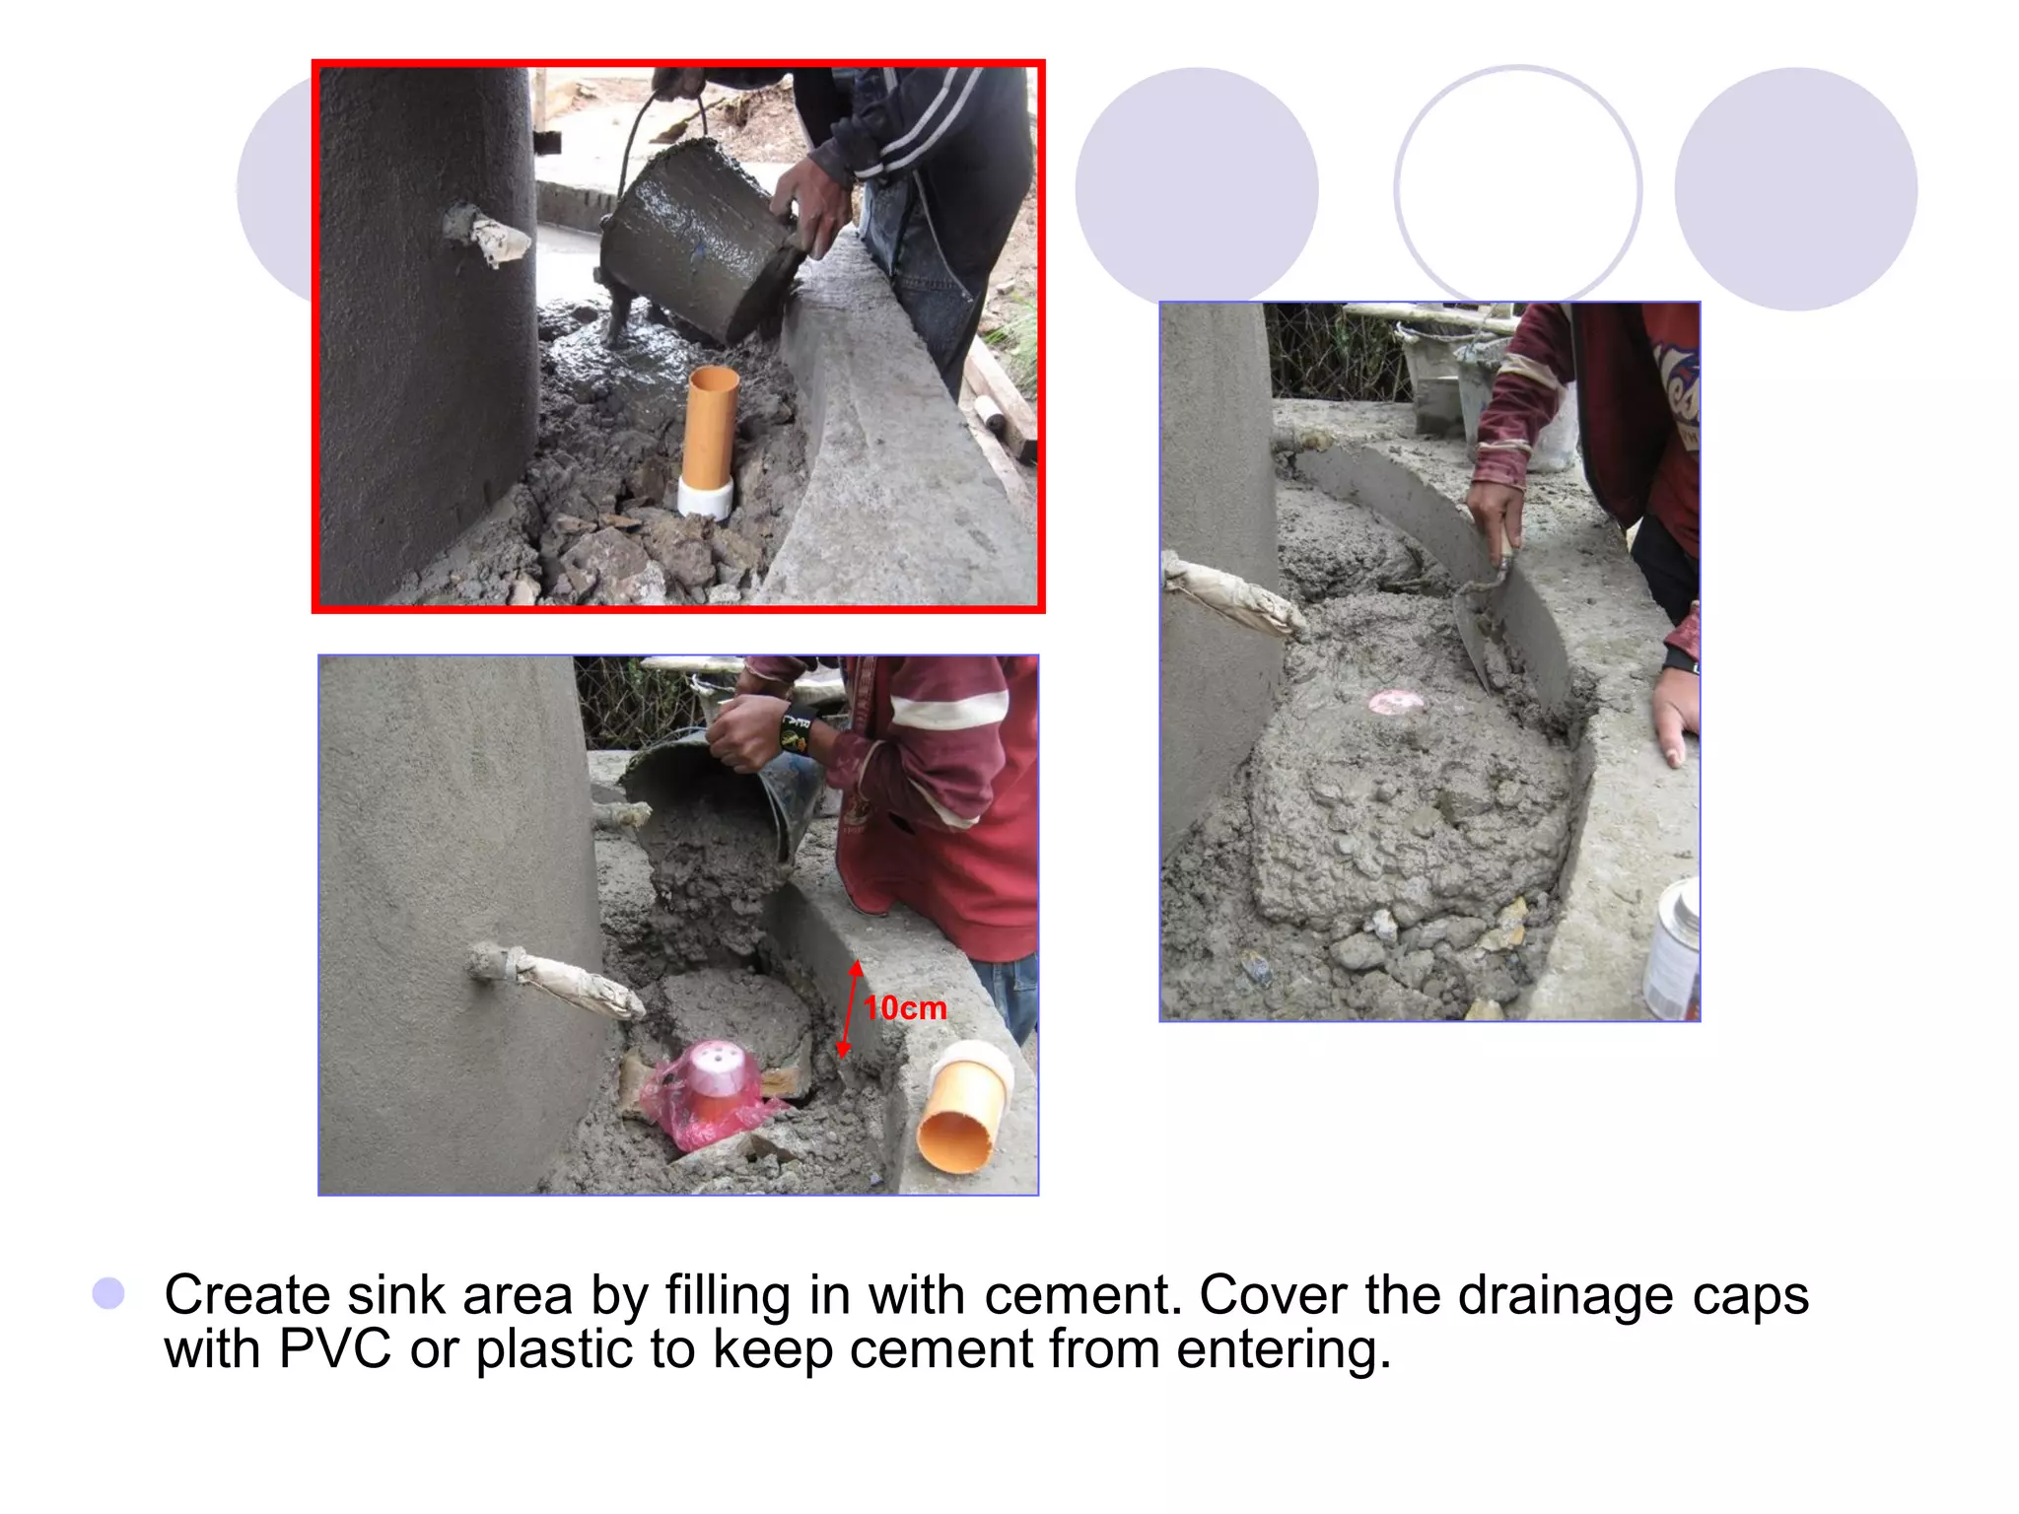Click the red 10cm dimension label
905,1007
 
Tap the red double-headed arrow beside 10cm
850,1009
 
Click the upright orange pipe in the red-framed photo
710,426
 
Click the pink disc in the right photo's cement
1396,702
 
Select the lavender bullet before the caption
108,1293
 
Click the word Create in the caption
246,1295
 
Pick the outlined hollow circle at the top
1517,187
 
